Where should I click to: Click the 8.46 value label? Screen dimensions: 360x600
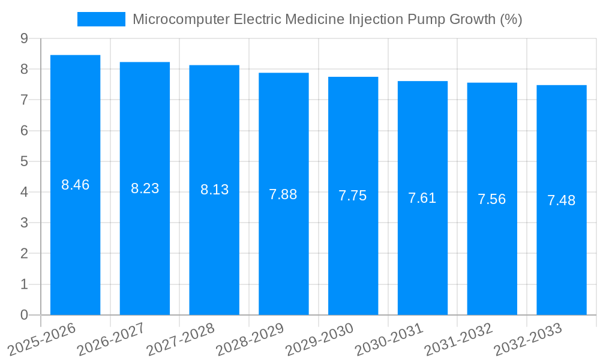click(75, 185)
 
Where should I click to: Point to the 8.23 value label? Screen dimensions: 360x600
click(145, 188)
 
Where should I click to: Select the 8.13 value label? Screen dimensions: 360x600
click(214, 190)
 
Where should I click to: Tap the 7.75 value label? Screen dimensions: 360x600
click(353, 196)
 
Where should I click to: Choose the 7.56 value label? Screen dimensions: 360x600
click(491, 199)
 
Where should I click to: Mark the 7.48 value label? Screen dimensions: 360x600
click(561, 200)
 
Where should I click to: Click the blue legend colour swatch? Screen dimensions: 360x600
click(101, 19)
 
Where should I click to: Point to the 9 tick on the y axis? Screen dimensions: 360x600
click(24, 38)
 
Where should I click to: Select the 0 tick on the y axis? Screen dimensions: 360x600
click(24, 315)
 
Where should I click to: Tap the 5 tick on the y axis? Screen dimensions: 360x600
click(24, 161)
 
